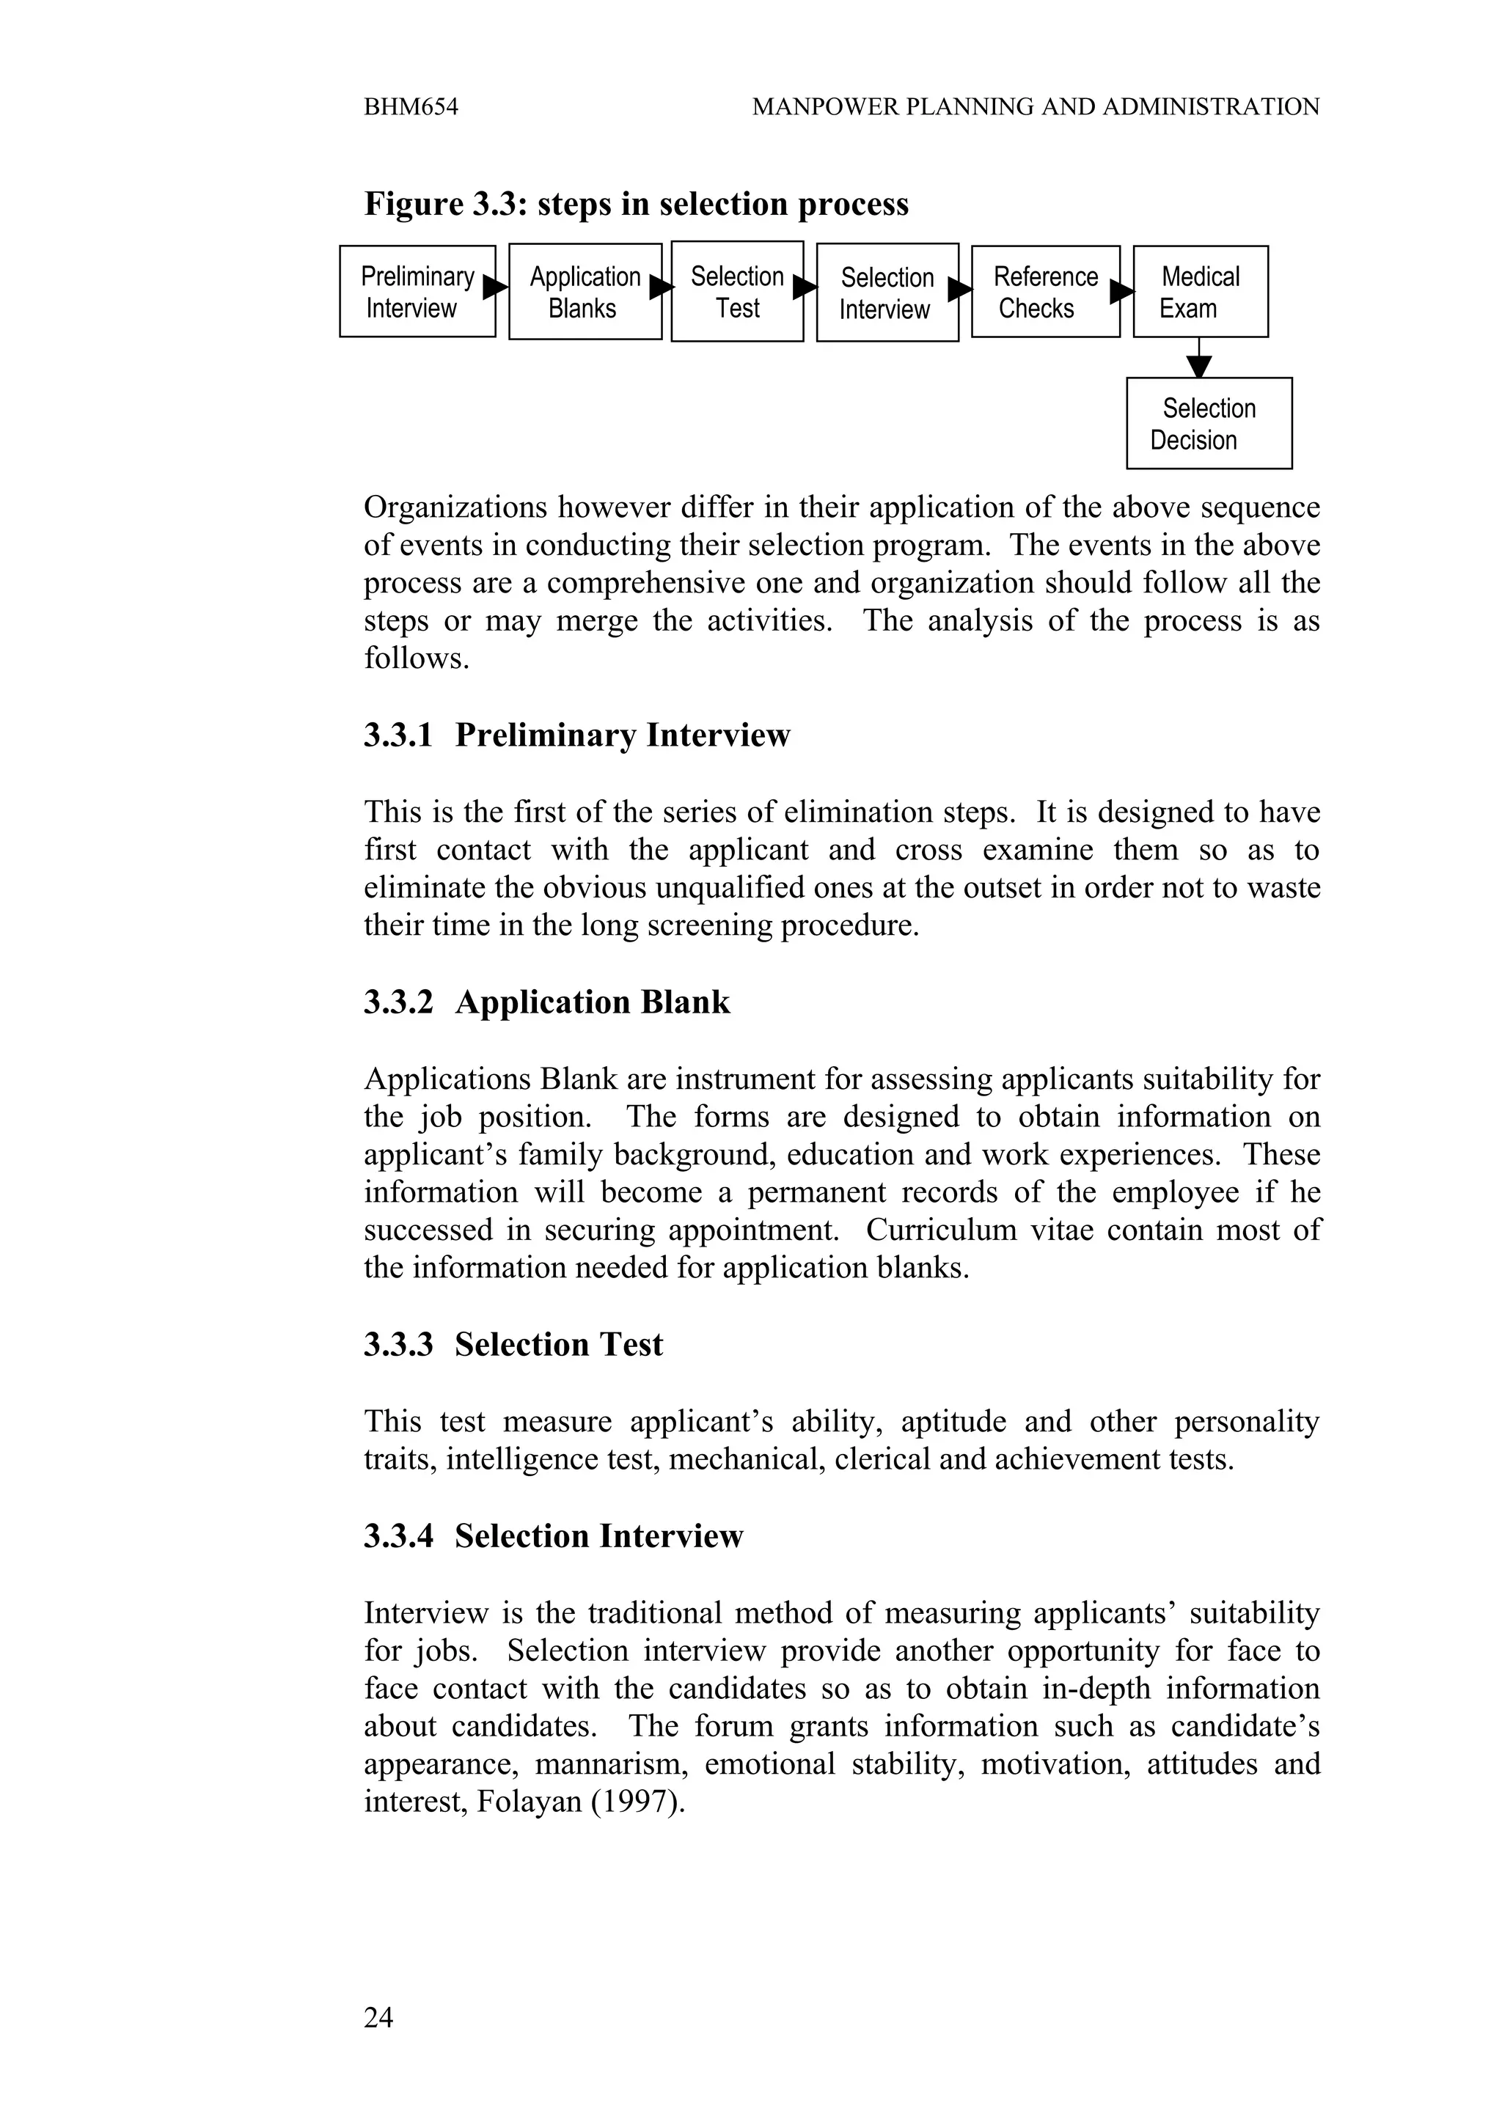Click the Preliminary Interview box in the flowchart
(x=417, y=292)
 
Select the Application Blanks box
(x=584, y=292)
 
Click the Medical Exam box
(x=1201, y=292)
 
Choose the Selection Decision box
(x=1209, y=424)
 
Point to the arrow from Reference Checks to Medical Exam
(x=1121, y=293)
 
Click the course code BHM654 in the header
(x=411, y=107)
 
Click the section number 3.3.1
(x=398, y=735)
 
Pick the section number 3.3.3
(x=398, y=1345)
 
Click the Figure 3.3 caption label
(x=444, y=205)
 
